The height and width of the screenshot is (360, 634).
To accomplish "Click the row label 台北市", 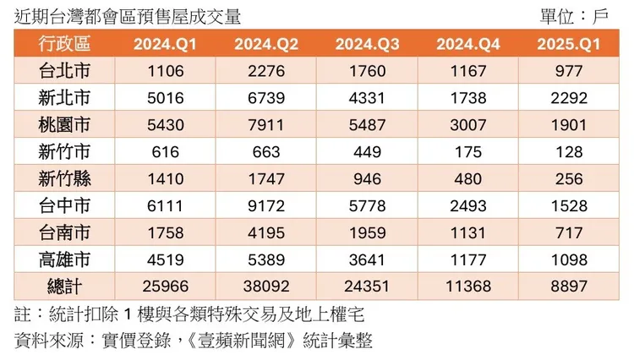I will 64,71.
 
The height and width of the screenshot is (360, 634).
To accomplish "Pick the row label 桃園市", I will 64,125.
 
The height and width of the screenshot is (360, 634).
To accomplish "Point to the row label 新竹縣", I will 64,179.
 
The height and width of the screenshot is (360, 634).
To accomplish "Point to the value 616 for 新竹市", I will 166,152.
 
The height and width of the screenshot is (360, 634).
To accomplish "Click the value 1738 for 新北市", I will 469,98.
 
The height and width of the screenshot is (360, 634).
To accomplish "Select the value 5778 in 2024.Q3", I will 368,206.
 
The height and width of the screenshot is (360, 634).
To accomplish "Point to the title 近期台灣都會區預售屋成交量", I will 128,15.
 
